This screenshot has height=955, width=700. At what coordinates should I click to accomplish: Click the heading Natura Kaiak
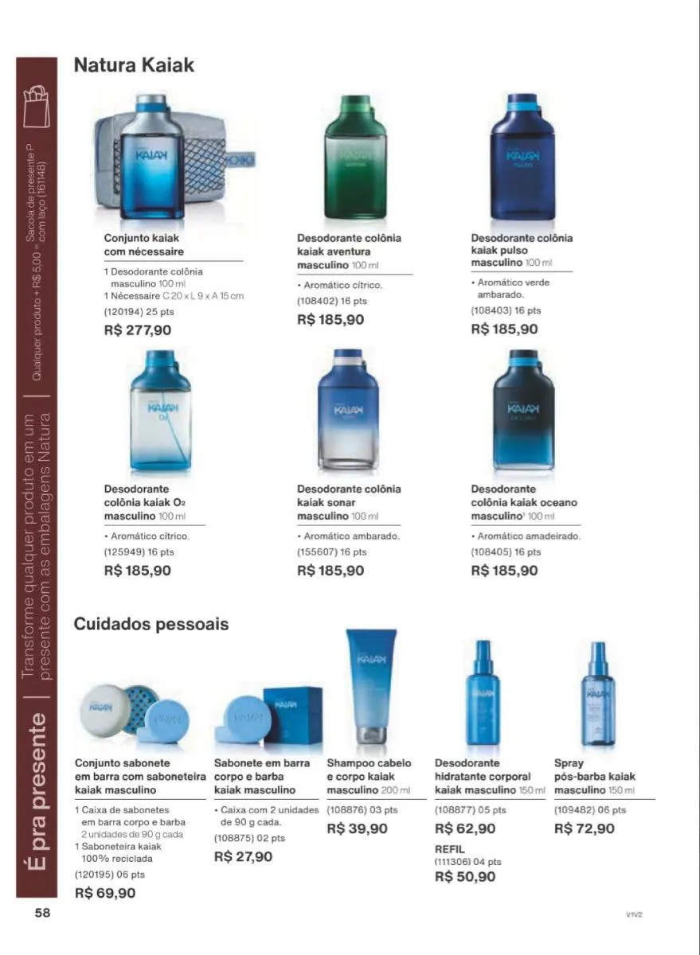[134, 65]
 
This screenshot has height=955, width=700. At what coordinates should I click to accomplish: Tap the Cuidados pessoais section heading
[151, 624]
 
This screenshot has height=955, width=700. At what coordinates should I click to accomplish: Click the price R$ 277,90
[138, 329]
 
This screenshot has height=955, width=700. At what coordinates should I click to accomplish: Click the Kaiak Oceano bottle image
[522, 409]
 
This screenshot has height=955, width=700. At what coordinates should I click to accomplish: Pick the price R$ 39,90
[358, 828]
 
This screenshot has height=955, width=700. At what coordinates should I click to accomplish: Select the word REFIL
[450, 849]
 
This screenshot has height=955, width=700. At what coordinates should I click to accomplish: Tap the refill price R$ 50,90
[465, 877]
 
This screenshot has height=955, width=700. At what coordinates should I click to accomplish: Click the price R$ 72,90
[585, 828]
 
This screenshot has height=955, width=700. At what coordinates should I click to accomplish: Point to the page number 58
[42, 913]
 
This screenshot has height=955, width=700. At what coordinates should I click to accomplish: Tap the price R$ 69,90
[105, 893]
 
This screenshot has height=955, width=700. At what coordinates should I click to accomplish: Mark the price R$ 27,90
[244, 856]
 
